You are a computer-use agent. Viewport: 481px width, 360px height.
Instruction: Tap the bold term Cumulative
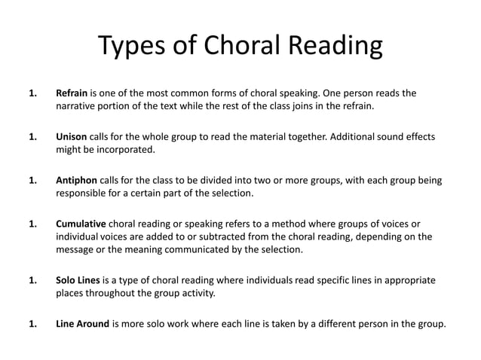(81, 224)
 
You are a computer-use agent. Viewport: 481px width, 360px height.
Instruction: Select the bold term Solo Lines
(78, 280)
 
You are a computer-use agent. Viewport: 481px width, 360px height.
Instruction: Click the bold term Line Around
(82, 325)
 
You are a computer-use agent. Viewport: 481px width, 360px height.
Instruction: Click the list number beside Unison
(32, 138)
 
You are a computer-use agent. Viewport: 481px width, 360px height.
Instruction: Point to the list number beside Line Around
(32, 325)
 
